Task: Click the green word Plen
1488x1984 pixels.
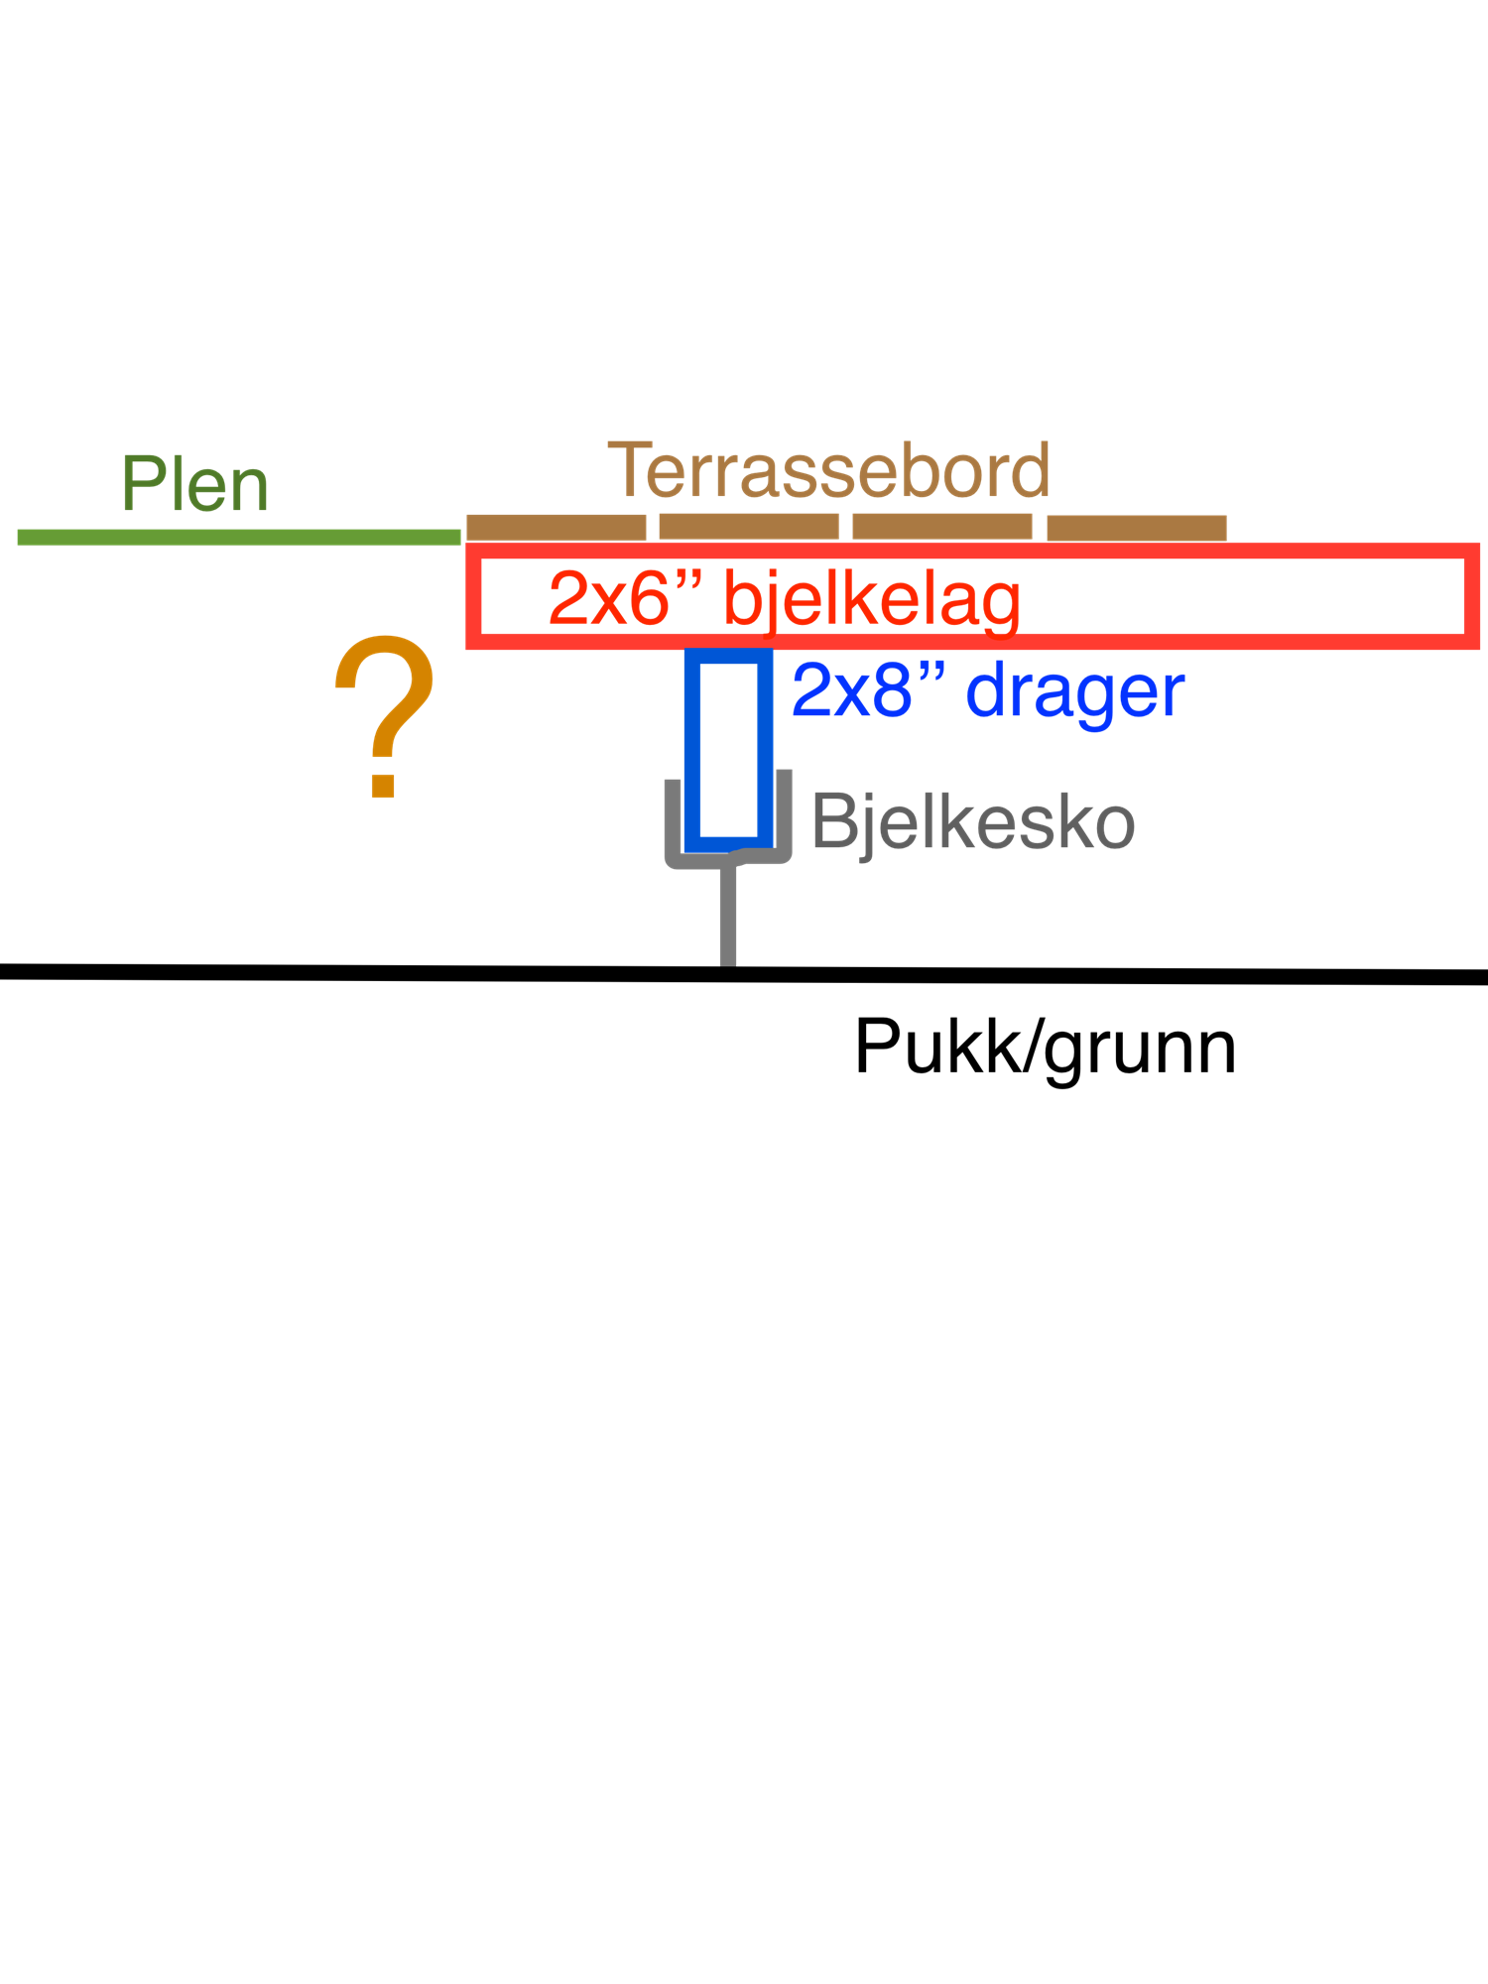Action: coord(194,485)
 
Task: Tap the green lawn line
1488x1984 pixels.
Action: coord(238,537)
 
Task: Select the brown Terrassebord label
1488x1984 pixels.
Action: coord(828,470)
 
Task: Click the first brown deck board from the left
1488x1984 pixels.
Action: coord(556,527)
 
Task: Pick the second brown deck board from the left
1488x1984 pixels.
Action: coord(748,527)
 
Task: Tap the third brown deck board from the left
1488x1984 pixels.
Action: coord(941,527)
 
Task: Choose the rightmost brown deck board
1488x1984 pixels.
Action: coord(1136,528)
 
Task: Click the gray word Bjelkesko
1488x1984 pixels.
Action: coord(972,822)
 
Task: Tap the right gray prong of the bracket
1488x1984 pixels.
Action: coord(784,813)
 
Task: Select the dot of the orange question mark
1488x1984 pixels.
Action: coord(383,785)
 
